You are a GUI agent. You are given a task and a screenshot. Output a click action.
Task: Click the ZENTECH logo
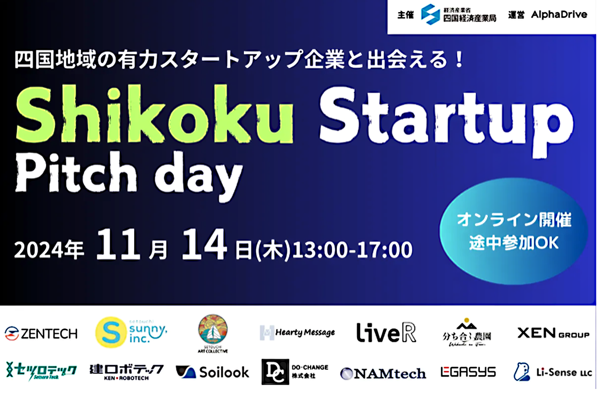point(41,334)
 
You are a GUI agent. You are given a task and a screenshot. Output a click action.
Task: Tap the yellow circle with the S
point(111,332)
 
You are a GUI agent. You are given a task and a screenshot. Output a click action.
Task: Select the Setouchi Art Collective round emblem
point(213,330)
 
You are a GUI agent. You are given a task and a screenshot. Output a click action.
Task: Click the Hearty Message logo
point(297,332)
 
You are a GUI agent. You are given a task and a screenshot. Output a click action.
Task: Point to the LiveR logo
point(386,332)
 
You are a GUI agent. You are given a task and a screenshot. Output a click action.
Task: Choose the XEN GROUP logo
point(553,333)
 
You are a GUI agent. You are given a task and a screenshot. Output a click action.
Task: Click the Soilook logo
point(213,372)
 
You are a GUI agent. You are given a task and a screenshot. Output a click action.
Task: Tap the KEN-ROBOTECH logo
point(126,372)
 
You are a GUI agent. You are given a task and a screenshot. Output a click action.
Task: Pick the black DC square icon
point(275,372)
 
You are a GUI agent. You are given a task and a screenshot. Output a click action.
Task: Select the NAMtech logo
point(383,373)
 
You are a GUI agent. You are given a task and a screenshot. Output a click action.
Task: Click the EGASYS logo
point(468,372)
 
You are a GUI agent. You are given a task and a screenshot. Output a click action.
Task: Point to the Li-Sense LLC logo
point(553,372)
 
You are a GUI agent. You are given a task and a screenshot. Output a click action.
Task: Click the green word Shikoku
point(154,115)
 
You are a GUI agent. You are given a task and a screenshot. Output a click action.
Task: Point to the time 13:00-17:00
point(352,250)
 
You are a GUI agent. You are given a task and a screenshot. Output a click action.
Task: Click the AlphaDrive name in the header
point(559,15)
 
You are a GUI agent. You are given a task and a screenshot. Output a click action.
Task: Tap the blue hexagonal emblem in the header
point(430,14)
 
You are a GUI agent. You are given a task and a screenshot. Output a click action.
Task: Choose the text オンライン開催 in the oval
point(514,219)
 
